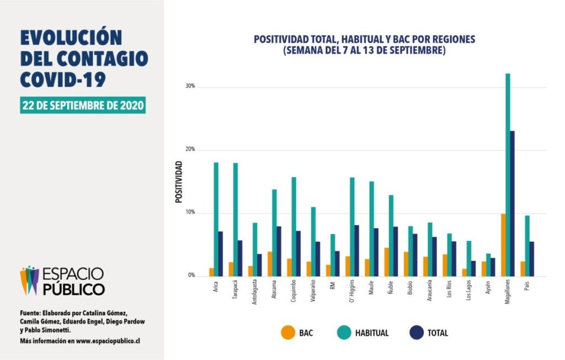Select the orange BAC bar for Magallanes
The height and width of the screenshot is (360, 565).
coord(503,245)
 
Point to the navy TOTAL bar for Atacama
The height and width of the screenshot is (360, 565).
coord(279,251)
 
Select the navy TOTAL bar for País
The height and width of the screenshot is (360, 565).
coord(531,259)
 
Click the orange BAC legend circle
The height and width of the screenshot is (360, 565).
coord(287,332)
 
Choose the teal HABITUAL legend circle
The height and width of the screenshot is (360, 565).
coord(344,332)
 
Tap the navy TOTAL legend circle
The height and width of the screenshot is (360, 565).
coord(417,332)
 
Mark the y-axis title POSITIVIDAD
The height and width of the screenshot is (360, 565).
coord(179,182)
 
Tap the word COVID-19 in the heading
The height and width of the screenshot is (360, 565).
coord(63,79)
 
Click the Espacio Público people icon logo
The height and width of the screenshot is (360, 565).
coord(30,280)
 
